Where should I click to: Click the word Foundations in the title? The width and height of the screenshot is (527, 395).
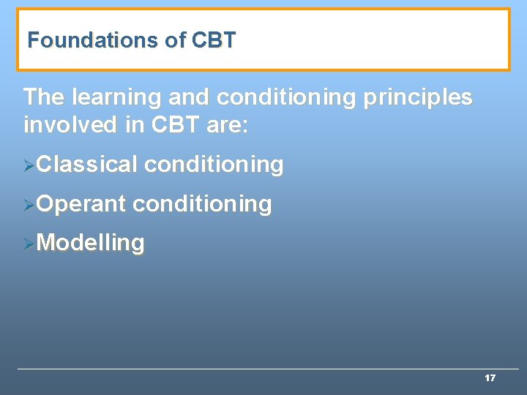coord(94,40)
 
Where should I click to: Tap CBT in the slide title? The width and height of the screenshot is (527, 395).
coord(214,40)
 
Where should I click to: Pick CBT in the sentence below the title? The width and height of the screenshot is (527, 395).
coord(176,125)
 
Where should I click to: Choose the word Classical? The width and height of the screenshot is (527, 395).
coord(86,165)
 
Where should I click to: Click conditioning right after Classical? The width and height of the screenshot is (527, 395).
coord(214,165)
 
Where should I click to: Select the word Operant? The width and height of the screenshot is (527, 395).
coord(81,204)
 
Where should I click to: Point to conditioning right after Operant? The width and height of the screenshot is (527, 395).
coord(202,204)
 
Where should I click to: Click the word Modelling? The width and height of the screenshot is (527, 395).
coord(90,243)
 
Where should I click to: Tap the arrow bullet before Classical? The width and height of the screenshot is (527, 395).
coord(29,166)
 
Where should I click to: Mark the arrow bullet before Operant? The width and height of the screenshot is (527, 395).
coord(29,206)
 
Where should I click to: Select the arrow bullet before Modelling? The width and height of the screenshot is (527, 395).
coord(29,244)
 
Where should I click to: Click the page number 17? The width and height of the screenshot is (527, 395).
coord(490,378)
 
